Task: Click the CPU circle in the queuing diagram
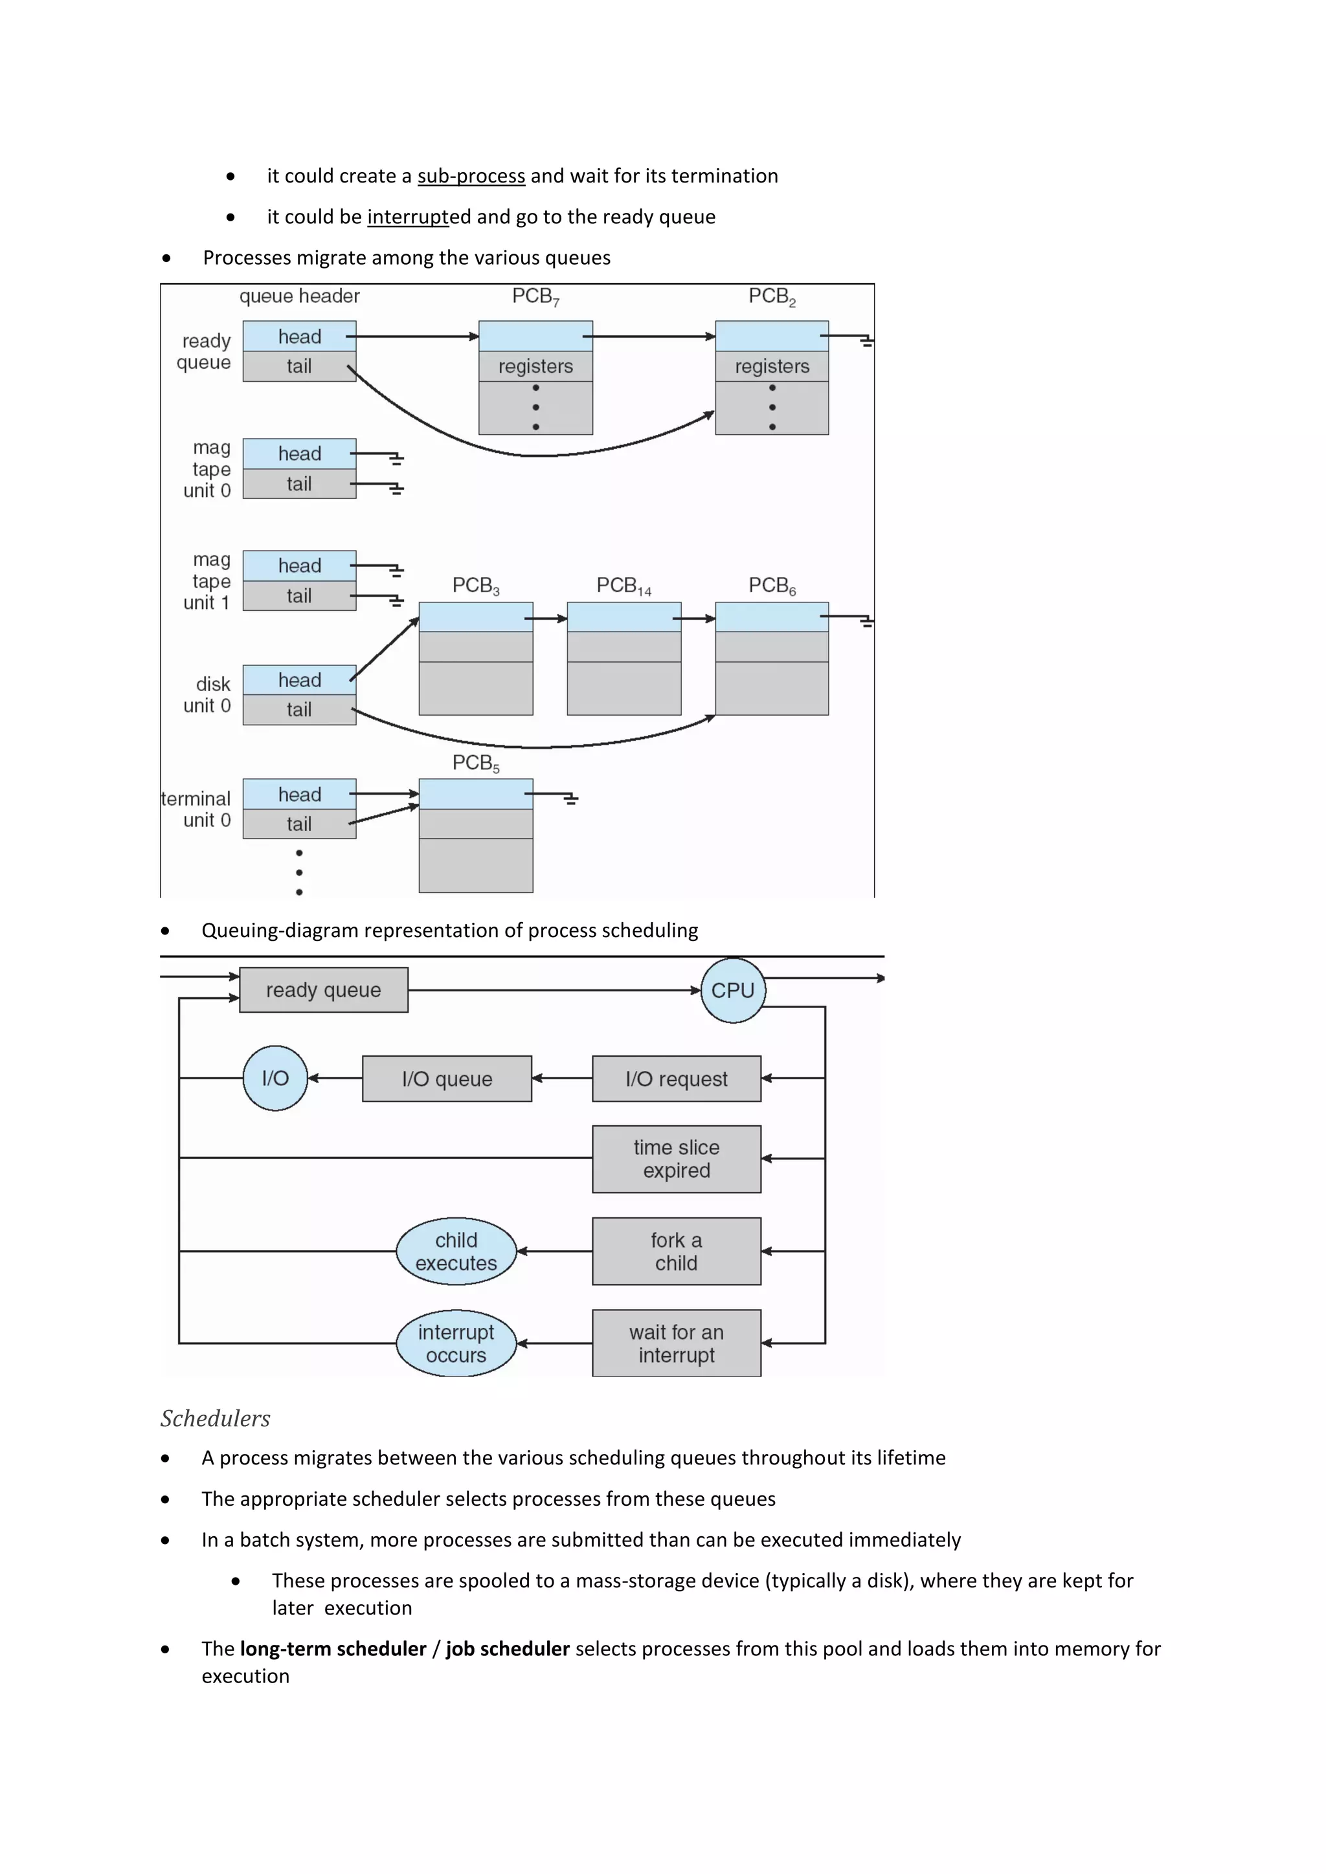coord(732,990)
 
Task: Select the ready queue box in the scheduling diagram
coord(323,990)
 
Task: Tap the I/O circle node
coord(275,1078)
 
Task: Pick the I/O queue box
coord(447,1079)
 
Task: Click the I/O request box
coord(676,1079)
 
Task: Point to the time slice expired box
coord(676,1159)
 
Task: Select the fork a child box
coord(676,1251)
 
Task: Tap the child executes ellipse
coord(456,1251)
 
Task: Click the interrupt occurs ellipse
coord(456,1343)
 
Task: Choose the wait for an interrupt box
coord(676,1343)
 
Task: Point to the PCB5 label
coord(475,763)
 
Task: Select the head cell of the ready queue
coord(299,336)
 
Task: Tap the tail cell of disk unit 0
coord(299,710)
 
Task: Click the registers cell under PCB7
coord(535,366)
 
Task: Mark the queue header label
coord(299,296)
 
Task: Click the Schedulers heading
coord(215,1418)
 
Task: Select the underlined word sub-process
coord(471,176)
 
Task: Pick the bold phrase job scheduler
coord(507,1649)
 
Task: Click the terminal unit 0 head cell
coord(299,794)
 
